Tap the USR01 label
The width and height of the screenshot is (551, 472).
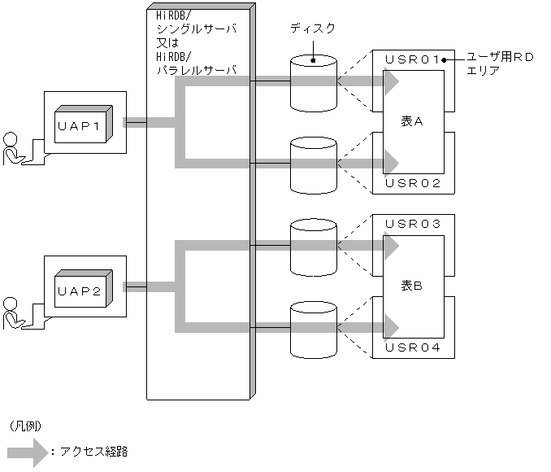click(x=412, y=59)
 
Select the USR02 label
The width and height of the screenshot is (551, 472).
click(x=412, y=183)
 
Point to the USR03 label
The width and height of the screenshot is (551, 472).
click(x=412, y=223)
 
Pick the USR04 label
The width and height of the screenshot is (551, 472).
click(x=412, y=347)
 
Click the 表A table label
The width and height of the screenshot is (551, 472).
click(x=413, y=121)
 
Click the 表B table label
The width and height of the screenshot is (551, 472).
click(x=413, y=286)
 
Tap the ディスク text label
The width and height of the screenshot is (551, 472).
click(x=313, y=28)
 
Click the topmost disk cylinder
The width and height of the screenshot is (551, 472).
click(x=313, y=82)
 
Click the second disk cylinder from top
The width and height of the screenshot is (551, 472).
click(x=313, y=164)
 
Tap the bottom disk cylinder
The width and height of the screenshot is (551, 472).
click(x=313, y=328)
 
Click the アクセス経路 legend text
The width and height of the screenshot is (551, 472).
click(x=93, y=452)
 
